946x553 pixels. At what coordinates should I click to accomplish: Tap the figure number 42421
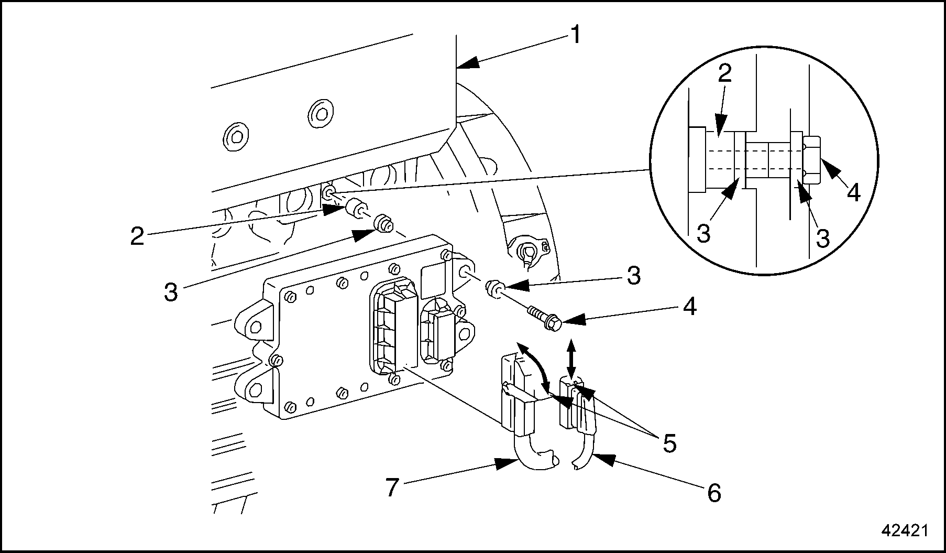tap(905, 530)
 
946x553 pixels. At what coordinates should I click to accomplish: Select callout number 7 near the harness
tap(392, 487)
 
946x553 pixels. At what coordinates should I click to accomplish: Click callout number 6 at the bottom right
tap(714, 493)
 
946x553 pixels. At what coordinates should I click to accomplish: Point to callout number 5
tap(669, 443)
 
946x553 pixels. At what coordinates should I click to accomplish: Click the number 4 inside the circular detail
tap(853, 193)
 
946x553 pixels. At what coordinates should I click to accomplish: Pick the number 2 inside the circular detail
tap(724, 74)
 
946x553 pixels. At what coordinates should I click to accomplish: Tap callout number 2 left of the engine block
tap(137, 236)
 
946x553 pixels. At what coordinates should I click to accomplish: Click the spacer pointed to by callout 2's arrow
tap(356, 209)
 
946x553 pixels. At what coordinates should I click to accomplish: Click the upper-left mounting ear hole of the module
tap(256, 327)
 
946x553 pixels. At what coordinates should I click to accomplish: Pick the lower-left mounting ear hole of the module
tap(256, 390)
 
